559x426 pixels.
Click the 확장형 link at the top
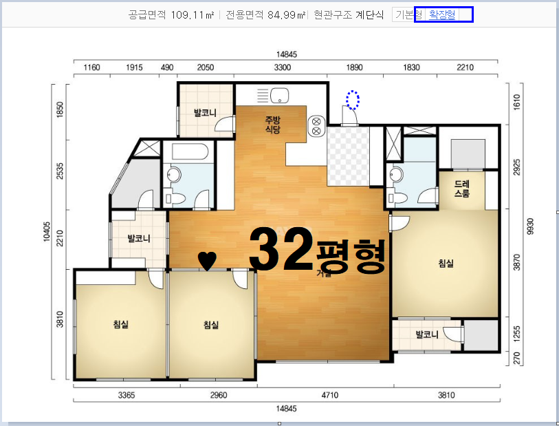pos(441,14)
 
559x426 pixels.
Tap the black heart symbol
pos(207,260)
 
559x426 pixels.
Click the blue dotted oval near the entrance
pos(353,100)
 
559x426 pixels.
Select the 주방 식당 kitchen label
pos(273,125)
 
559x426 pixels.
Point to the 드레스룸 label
pos(461,189)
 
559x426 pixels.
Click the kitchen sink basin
pos(279,96)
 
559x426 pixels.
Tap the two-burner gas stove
pos(316,127)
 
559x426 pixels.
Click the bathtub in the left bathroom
pos(190,152)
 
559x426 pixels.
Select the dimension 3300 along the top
pos(283,67)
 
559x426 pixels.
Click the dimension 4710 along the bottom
pos(330,395)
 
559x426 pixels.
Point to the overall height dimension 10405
pos(47,231)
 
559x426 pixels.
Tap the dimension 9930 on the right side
pos(531,226)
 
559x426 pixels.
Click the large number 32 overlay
pos(281,249)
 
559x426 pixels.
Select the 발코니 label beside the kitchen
pos(205,113)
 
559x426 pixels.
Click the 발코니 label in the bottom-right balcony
pos(427,334)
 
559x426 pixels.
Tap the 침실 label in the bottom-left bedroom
pos(121,324)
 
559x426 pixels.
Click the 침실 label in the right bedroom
pos(446,264)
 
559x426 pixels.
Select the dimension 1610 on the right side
pos(516,102)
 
